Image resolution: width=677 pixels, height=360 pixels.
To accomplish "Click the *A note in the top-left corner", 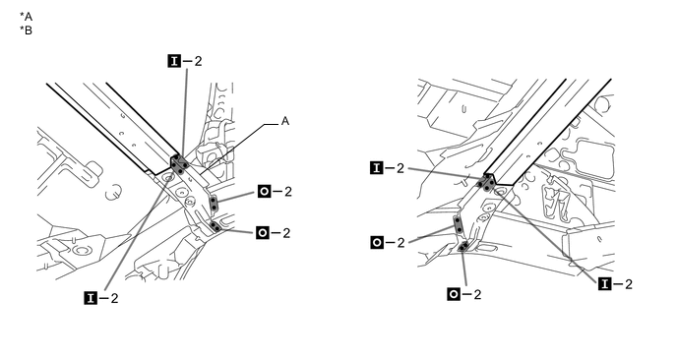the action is tap(26, 17).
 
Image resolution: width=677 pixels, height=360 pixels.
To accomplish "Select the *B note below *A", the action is tap(26, 30).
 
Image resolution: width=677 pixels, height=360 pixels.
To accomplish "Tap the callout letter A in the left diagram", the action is tap(285, 121).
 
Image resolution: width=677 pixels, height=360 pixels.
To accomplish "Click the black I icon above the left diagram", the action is tap(174, 61).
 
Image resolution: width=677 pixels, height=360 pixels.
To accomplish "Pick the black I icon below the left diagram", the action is tap(91, 298).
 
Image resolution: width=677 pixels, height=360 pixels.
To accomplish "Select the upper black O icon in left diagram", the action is tap(265, 191).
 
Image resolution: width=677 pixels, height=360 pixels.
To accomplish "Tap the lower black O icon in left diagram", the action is tap(263, 233).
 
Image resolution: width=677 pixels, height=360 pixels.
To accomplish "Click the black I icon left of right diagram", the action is tap(377, 168).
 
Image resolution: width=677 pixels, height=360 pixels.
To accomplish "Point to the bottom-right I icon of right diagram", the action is tap(605, 284).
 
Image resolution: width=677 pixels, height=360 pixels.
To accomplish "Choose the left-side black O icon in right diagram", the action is tap(377, 243).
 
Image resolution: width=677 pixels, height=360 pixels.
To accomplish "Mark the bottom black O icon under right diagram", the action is tap(454, 294).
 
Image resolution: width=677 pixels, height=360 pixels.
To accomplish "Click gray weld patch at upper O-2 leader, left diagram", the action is tap(214, 204).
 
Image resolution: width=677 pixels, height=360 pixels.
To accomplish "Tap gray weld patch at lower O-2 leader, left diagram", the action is tap(215, 226).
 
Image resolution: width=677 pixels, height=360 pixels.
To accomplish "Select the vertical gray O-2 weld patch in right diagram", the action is tap(459, 224).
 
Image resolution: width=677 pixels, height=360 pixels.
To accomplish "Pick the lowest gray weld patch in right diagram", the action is tap(462, 247).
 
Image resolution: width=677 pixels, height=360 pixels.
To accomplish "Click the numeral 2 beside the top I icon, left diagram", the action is tap(198, 61).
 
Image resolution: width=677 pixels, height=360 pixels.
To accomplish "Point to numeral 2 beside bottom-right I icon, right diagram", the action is tap(628, 284).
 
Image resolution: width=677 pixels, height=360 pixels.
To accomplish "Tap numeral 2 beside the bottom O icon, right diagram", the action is tap(477, 294).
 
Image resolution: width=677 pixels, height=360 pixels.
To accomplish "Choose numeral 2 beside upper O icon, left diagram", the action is tap(288, 191).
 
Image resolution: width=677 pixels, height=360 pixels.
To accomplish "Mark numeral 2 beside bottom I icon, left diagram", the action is tap(114, 298).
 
